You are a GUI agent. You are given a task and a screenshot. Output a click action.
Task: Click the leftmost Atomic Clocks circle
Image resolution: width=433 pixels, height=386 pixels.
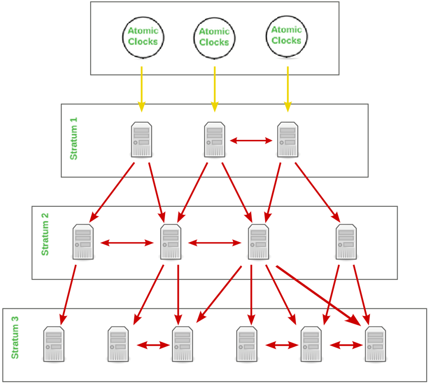point(143,36)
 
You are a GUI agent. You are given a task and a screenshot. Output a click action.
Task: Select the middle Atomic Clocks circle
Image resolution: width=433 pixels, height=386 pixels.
point(214,37)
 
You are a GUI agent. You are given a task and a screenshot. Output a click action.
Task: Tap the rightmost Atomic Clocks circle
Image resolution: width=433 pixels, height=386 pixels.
point(286,35)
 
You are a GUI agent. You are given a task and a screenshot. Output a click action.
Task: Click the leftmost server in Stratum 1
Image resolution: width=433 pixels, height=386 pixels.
point(142,140)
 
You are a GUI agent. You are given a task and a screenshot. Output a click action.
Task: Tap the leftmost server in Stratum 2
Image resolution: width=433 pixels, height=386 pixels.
point(83,241)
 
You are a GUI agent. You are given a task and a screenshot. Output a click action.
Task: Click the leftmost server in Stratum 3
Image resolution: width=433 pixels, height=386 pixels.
point(54,344)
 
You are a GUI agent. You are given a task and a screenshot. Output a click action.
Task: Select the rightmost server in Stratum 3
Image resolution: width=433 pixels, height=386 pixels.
point(375,344)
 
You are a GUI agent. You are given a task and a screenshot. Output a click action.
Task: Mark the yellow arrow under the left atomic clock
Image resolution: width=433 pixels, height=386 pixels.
point(141,89)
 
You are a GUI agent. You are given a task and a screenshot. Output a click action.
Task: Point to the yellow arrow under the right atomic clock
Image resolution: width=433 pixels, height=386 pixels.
point(288,89)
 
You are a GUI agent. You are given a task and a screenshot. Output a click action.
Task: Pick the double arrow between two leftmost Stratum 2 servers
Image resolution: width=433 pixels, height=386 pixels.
point(127,243)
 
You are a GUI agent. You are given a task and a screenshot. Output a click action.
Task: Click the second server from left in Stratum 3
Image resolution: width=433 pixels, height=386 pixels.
point(118,344)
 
